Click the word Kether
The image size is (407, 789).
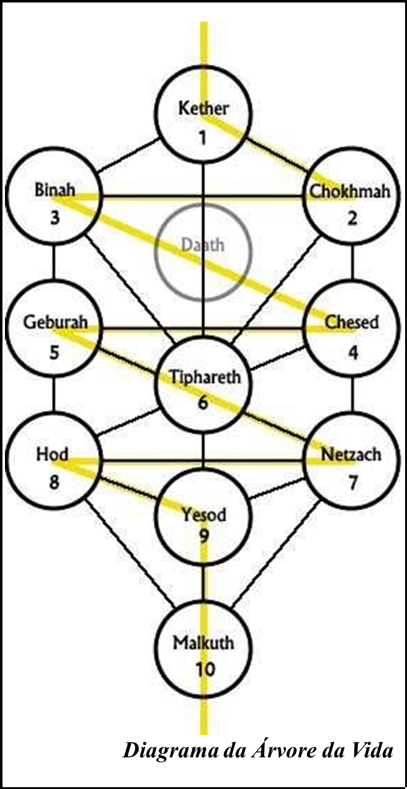pyautogui.click(x=204, y=109)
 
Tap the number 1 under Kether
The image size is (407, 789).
pyautogui.click(x=203, y=137)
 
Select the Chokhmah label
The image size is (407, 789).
pyautogui.click(x=351, y=191)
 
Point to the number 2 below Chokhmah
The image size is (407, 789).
pyautogui.click(x=352, y=219)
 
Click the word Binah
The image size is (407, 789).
pyautogui.click(x=55, y=190)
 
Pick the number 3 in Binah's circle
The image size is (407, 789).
pyautogui.click(x=55, y=218)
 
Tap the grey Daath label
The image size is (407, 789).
pyautogui.click(x=203, y=244)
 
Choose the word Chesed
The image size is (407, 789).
pyautogui.click(x=352, y=323)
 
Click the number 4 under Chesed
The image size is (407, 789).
pyautogui.click(x=353, y=352)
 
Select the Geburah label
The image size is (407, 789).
pyautogui.click(x=55, y=323)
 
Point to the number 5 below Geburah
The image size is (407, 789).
pyautogui.click(x=55, y=352)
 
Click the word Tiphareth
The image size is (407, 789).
pyautogui.click(x=205, y=377)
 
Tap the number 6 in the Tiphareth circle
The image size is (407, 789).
pyautogui.click(x=203, y=403)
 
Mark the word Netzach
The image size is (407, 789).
pyautogui.click(x=351, y=455)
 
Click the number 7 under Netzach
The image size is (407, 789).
pyautogui.click(x=353, y=483)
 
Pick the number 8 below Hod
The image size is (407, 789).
pyautogui.click(x=54, y=483)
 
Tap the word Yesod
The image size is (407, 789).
pyautogui.click(x=204, y=514)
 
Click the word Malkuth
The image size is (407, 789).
pyautogui.click(x=204, y=642)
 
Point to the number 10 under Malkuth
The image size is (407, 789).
pyautogui.click(x=204, y=670)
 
